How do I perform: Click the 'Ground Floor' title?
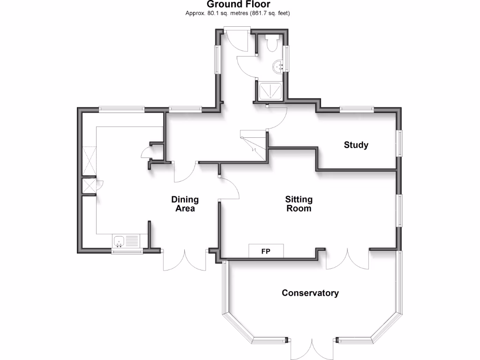click(x=238, y=5)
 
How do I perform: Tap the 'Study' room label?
click(x=356, y=145)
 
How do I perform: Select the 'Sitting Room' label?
click(x=299, y=204)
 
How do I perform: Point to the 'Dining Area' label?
click(x=185, y=204)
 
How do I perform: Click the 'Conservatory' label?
click(x=310, y=293)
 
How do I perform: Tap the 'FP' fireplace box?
click(x=266, y=251)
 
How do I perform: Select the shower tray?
click(x=270, y=90)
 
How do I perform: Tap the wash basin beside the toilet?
click(x=278, y=66)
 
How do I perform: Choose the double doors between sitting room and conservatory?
click(x=347, y=259)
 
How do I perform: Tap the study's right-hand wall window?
click(x=400, y=143)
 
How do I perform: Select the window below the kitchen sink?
click(x=127, y=252)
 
